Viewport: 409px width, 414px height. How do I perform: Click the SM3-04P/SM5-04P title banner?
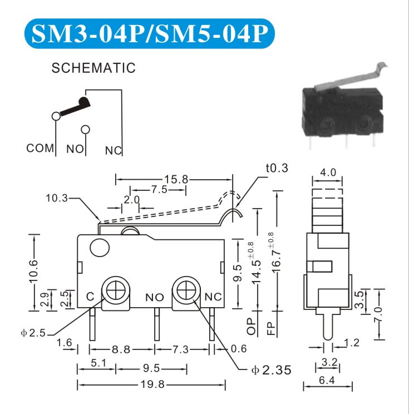(150, 33)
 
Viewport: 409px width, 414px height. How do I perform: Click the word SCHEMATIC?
(93, 68)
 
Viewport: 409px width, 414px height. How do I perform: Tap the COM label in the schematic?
(40, 148)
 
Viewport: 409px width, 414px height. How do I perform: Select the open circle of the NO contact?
(85, 130)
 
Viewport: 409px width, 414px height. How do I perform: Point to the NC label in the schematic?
(114, 150)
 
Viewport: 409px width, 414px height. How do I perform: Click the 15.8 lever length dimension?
(176, 180)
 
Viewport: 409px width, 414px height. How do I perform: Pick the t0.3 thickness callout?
(277, 168)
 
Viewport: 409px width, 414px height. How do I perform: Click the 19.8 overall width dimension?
(152, 384)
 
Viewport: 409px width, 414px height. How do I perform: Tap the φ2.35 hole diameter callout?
(271, 369)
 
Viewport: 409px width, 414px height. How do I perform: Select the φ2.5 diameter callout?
(33, 333)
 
